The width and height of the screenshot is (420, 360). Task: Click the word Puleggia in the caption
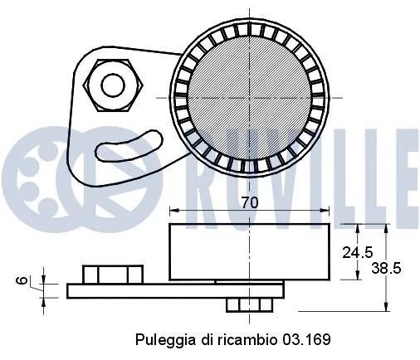[159, 340]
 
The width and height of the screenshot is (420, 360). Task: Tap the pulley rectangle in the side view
[248, 252]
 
